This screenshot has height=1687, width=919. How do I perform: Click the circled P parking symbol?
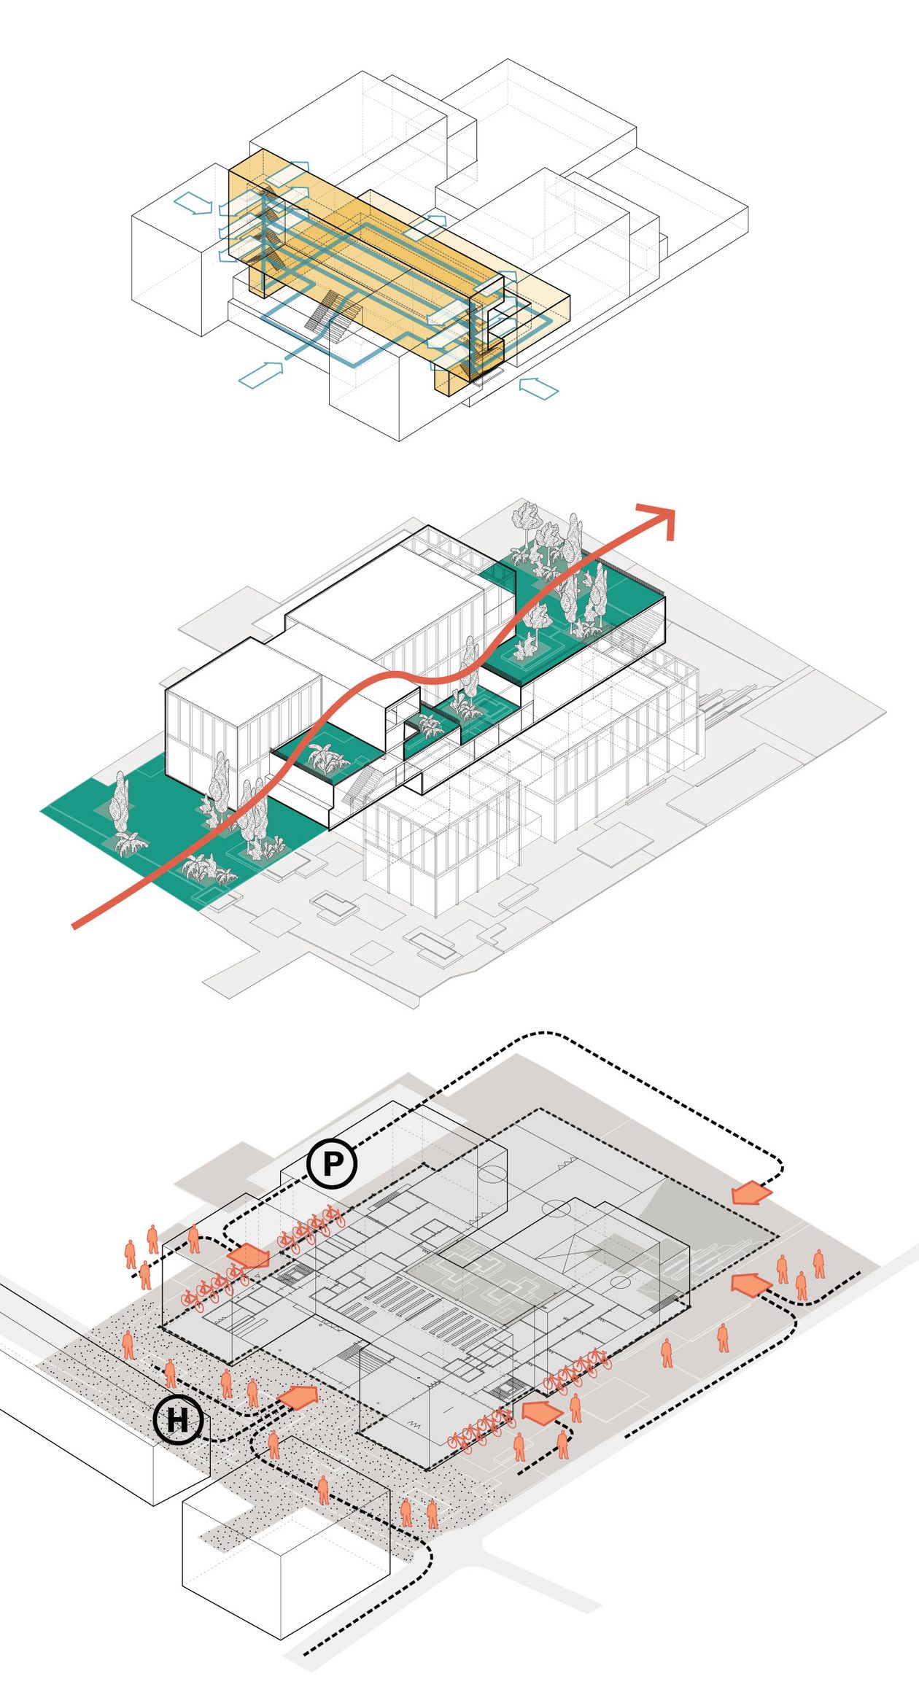(x=331, y=1163)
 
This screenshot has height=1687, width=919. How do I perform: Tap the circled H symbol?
(x=179, y=1419)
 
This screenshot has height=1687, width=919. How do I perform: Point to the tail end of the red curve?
(x=74, y=927)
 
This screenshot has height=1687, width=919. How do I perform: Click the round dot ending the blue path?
(x=287, y=358)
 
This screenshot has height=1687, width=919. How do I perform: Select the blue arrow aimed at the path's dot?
(x=260, y=373)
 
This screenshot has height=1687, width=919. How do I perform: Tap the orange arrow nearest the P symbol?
(x=249, y=1256)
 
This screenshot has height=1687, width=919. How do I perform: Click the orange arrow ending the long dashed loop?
(x=751, y=1193)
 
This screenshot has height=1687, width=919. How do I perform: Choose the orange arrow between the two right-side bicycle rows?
(x=543, y=1412)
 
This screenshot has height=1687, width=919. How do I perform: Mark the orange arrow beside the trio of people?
(x=751, y=1284)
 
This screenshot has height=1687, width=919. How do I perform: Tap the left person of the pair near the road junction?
(x=406, y=1513)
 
